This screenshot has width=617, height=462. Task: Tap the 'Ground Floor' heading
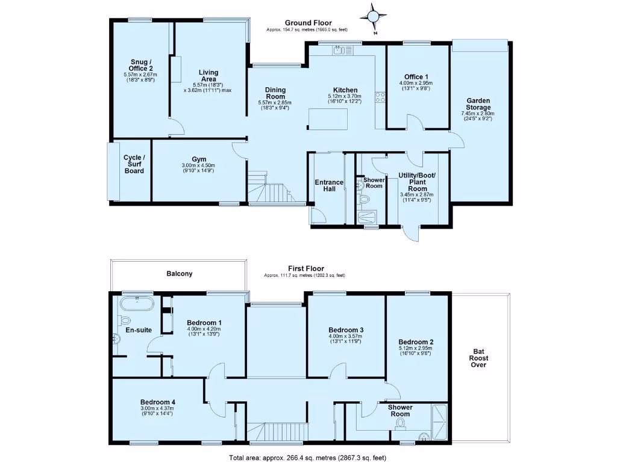click(x=308, y=23)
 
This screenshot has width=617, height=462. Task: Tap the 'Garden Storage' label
click(x=478, y=105)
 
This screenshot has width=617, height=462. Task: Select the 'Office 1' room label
click(x=416, y=76)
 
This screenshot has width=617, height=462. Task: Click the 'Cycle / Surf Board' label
click(x=134, y=164)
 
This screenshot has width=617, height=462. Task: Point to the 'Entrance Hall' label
click(x=329, y=186)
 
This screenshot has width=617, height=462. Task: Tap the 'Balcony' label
click(x=180, y=274)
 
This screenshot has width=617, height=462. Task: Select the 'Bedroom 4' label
click(x=158, y=402)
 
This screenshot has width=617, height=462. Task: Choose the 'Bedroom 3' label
click(x=346, y=330)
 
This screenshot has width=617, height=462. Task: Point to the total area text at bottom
click(x=308, y=457)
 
